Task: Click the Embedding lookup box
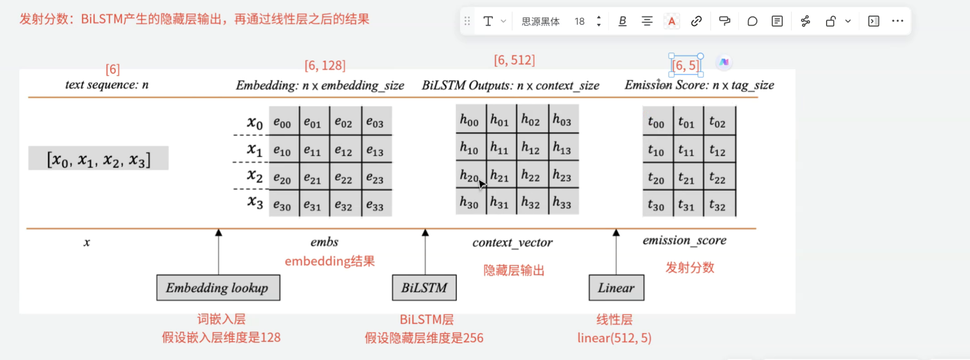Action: click(218, 288)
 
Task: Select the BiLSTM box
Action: click(424, 288)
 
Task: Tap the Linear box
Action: click(616, 288)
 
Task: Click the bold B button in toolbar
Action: click(622, 21)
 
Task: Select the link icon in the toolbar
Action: click(696, 21)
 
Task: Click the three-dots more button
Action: click(897, 21)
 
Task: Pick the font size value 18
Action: click(579, 21)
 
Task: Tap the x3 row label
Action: click(255, 201)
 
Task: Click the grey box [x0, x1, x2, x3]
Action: click(98, 159)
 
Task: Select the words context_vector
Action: click(512, 242)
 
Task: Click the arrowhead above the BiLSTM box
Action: click(425, 233)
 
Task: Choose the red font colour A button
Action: click(671, 21)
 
